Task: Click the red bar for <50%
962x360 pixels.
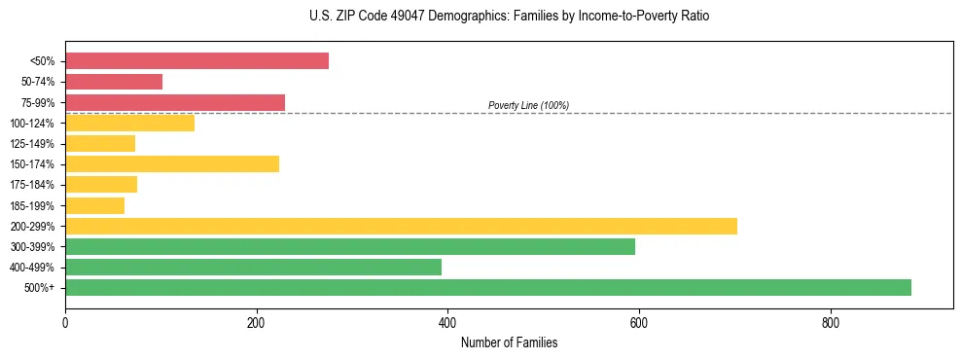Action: coord(196,61)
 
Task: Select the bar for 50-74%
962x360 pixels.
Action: coord(114,82)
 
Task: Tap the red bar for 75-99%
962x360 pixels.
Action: coord(175,102)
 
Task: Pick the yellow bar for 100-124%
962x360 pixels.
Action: coord(129,123)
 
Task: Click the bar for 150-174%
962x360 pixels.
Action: coord(172,163)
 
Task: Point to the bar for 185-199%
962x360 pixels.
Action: coord(94,205)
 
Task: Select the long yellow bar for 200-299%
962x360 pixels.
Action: coord(401,226)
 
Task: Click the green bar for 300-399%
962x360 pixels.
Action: coord(350,246)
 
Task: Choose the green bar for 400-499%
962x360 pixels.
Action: coord(253,267)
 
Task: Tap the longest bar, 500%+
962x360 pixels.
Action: coord(488,287)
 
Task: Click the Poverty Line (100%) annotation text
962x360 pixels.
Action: coord(528,105)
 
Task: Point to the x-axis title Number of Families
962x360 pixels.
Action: coord(509,343)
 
